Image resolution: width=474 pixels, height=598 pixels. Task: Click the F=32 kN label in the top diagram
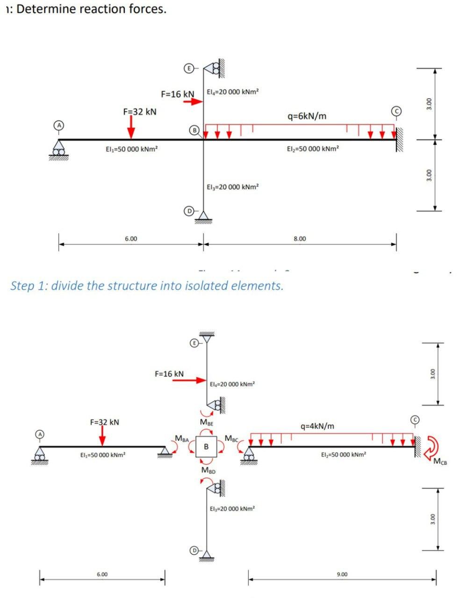pos(140,112)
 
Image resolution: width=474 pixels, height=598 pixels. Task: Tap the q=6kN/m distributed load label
pos(307,116)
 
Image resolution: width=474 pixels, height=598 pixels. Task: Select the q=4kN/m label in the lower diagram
pos(318,426)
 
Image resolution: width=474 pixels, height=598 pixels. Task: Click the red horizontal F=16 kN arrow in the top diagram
pos(192,102)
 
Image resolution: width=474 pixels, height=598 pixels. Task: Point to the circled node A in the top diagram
pos(58,126)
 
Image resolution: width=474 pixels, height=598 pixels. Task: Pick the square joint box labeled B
pos(206,447)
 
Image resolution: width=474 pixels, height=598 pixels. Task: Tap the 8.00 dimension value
pos(300,239)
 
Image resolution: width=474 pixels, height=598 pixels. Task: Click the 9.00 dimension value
pos(342,574)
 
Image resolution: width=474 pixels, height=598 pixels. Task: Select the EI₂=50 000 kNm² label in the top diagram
pos(313,149)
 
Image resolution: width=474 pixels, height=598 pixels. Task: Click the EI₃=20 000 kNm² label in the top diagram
pos(233,187)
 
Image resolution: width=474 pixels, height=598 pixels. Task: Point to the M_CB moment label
pos(440,463)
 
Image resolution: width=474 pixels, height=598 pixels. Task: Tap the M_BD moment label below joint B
pos(208,470)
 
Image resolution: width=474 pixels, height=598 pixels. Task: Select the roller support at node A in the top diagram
pos(58,149)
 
